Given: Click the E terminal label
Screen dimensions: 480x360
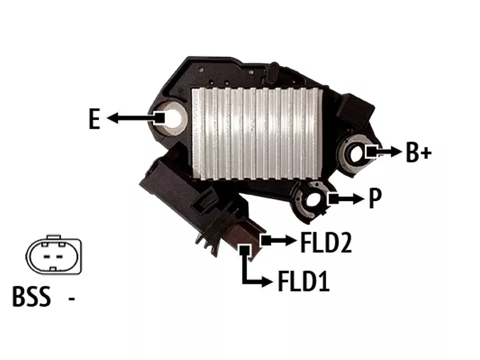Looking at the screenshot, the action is pos(94,119).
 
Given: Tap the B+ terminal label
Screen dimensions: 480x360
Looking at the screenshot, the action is pos(418,152).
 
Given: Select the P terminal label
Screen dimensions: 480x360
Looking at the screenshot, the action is pos(375,198).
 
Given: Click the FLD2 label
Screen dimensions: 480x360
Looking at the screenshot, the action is pos(326,242).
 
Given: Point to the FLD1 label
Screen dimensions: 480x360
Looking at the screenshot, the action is pos(304,281).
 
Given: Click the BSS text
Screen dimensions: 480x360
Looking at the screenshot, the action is pos(31,296).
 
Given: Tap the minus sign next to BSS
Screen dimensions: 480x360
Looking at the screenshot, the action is pos(71,298).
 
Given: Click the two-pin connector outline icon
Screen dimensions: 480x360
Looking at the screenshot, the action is pos(54,254).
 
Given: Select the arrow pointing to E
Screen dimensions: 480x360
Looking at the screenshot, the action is pos(136,118).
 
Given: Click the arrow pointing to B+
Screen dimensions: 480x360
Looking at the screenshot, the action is pos(384,151).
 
